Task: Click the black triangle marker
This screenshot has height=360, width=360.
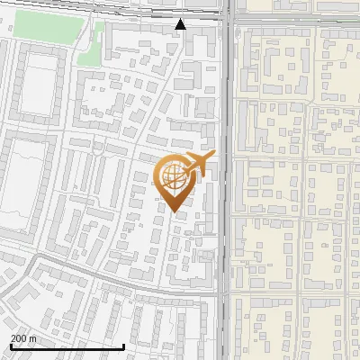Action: (181, 24)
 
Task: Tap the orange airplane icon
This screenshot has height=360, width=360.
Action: (197, 165)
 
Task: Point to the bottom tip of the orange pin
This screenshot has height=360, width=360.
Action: (174, 211)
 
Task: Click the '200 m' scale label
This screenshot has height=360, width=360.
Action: (23, 337)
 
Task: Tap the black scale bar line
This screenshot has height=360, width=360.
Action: (67, 346)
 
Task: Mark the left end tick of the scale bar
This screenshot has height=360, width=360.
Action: (11, 345)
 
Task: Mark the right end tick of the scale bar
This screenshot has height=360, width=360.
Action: (123, 345)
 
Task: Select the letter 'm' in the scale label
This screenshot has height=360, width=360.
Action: (32, 337)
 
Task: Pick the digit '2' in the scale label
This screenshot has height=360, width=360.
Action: (13, 337)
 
